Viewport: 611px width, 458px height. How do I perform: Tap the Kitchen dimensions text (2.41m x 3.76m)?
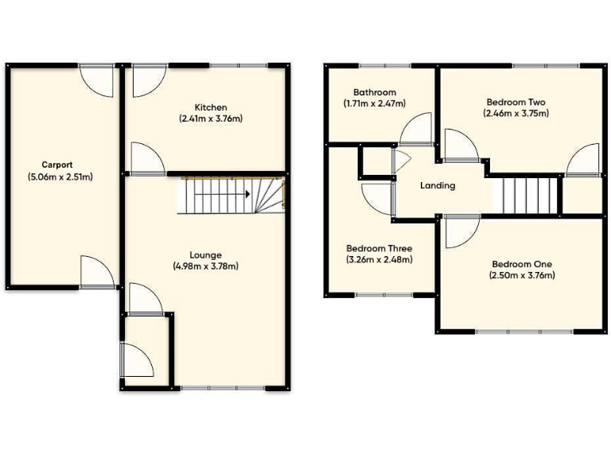coord(211,118)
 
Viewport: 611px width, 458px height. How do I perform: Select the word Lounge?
coord(205,255)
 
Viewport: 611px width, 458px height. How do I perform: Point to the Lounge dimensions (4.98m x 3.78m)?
coord(205,266)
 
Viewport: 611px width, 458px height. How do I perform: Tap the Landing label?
coord(438,185)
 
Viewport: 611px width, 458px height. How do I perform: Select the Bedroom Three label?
coord(379,248)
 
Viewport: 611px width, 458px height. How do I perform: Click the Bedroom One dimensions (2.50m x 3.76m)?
coord(522,275)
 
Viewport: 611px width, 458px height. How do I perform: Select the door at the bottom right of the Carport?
coord(97,273)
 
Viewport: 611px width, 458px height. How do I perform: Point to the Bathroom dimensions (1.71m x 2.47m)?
coord(374,103)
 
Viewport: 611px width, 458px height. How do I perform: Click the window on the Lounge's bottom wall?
coord(223,388)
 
